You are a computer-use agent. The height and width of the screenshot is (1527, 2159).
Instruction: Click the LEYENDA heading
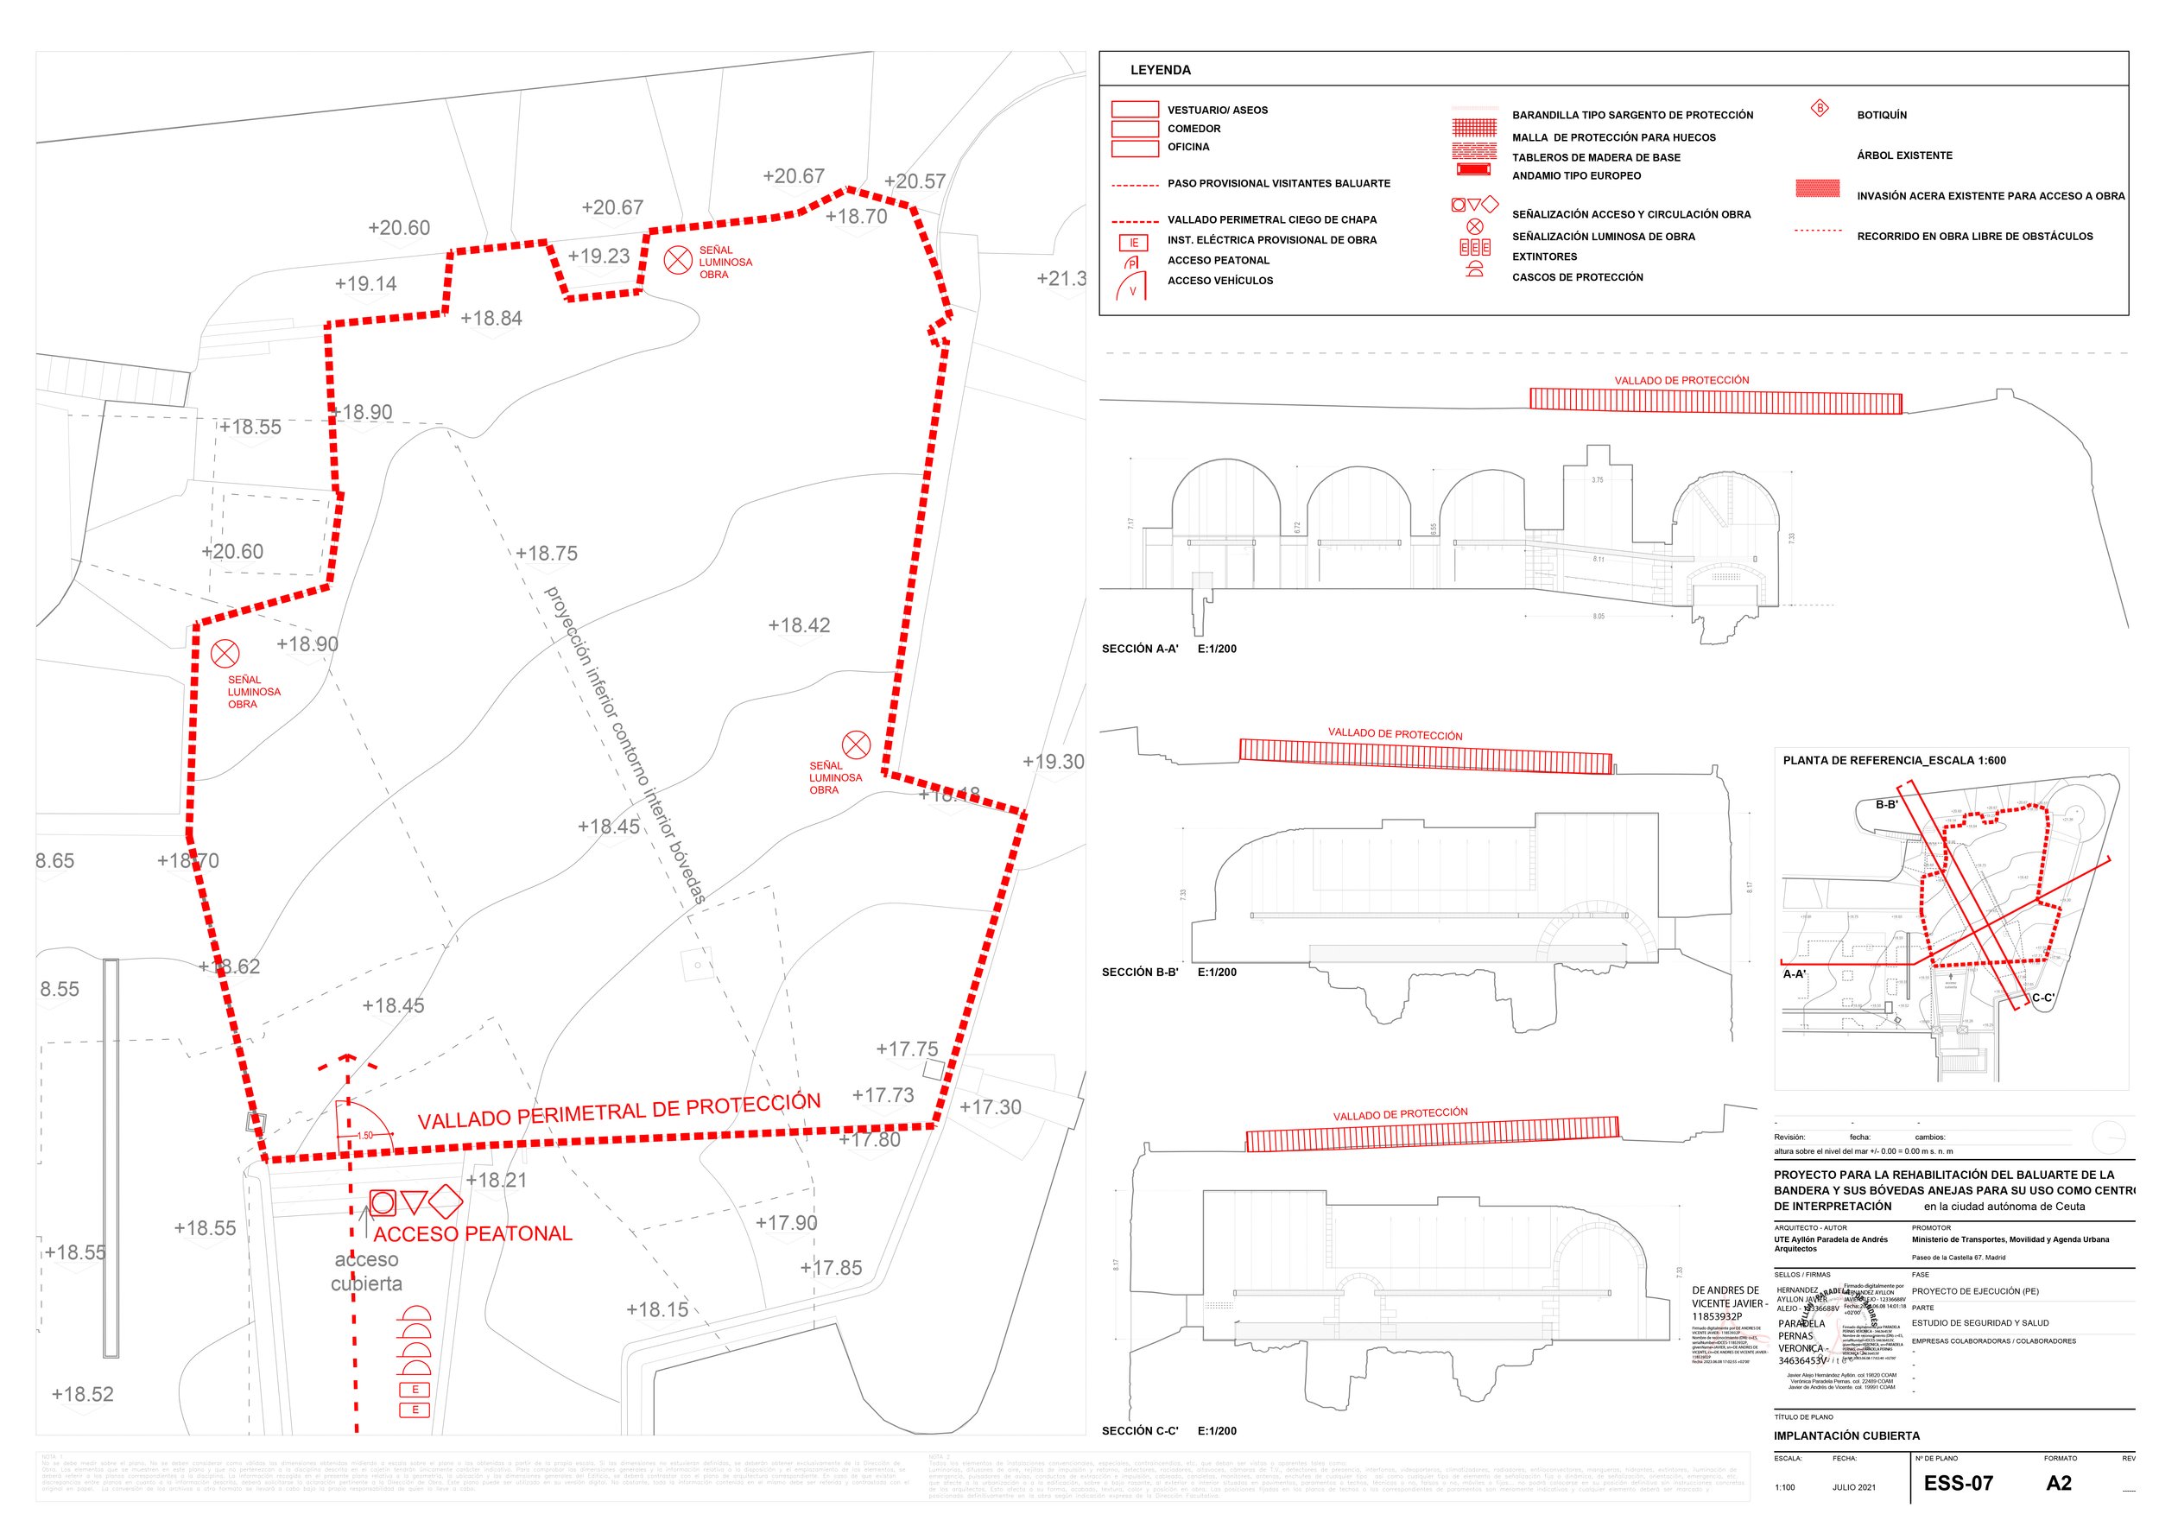pos(1160,71)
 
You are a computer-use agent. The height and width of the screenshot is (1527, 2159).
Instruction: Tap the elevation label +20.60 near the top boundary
pos(399,227)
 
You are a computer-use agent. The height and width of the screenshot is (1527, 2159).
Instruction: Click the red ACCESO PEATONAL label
pos(473,1233)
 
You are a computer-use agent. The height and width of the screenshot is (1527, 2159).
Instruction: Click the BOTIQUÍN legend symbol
pos(1820,109)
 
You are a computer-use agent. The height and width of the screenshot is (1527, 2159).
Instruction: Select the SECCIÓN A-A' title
pos(1140,649)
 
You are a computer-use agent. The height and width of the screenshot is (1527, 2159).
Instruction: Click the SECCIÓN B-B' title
pos(1140,973)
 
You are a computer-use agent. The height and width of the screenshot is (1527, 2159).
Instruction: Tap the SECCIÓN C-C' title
pos(1140,1431)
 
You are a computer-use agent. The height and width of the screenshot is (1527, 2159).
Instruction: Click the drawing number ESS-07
pos(1958,1483)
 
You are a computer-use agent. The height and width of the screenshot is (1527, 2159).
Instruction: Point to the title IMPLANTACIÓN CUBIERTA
pos(1846,1435)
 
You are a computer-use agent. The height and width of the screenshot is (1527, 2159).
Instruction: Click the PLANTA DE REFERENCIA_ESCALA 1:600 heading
pos(1894,761)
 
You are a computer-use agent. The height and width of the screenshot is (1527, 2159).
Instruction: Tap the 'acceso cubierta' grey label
pos(366,1271)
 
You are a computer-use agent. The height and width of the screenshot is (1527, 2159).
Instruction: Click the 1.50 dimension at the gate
pos(364,1135)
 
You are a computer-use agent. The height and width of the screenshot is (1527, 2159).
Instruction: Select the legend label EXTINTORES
pos(1544,257)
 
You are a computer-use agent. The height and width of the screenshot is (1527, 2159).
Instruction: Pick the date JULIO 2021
pos(1853,1487)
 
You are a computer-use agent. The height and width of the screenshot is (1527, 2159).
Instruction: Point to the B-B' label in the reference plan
pos(1886,805)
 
